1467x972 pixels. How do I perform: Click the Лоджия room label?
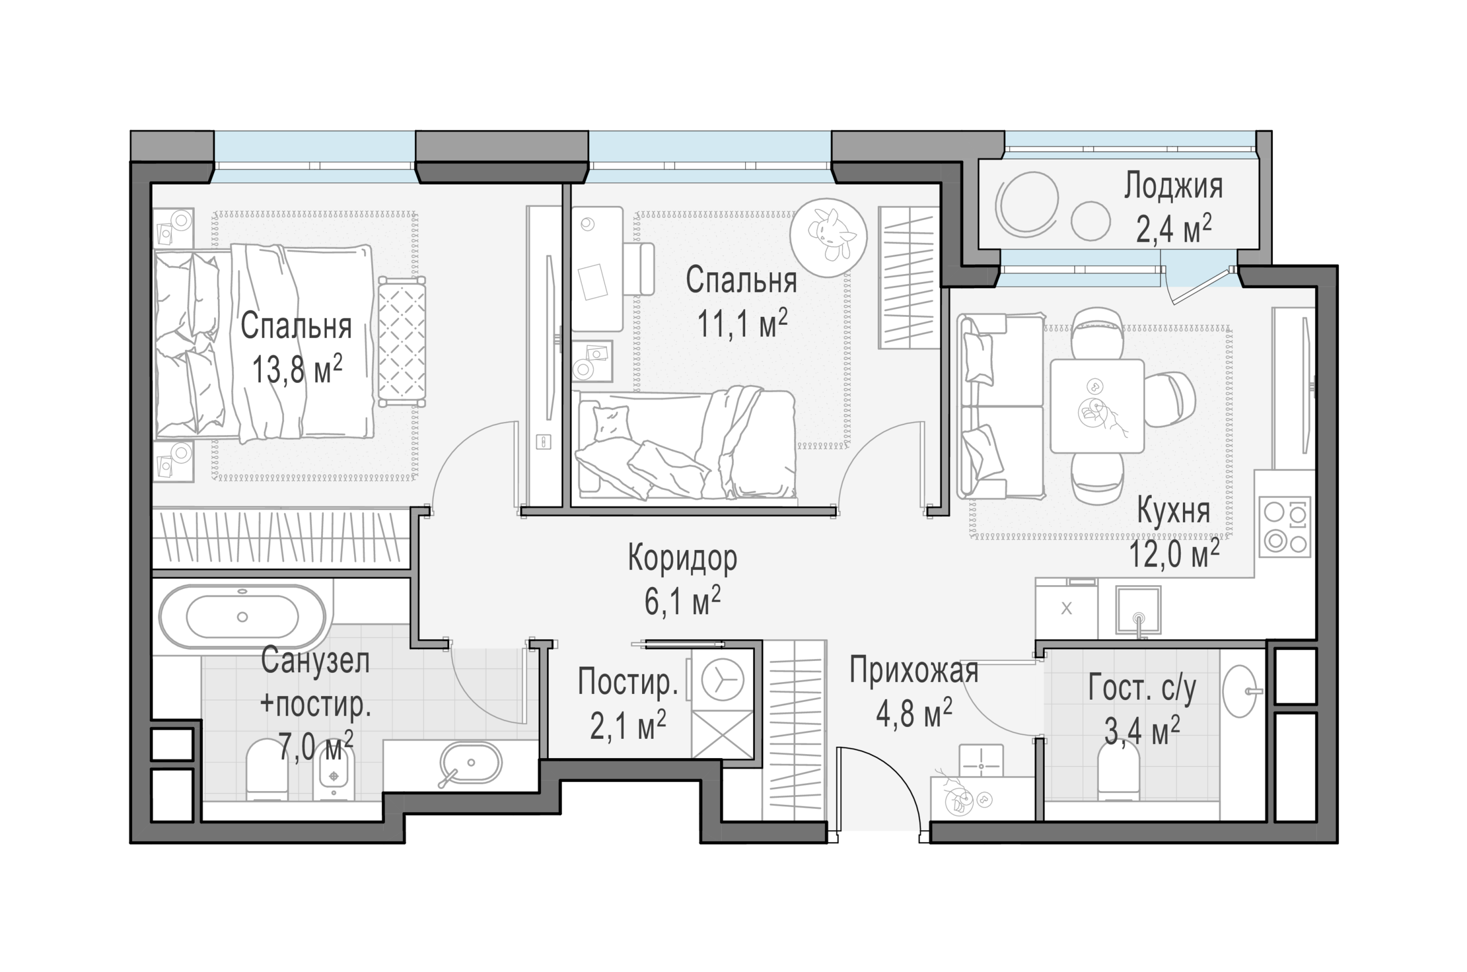click(1173, 187)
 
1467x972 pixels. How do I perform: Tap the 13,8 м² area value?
click(297, 370)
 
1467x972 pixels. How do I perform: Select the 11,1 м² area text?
click(742, 324)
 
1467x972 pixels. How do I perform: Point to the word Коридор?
click(682, 558)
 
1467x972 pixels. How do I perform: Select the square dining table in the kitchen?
click(1097, 406)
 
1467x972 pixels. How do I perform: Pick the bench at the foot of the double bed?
click(402, 342)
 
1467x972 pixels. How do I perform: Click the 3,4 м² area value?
click(1142, 731)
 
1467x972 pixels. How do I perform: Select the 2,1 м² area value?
click(628, 726)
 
